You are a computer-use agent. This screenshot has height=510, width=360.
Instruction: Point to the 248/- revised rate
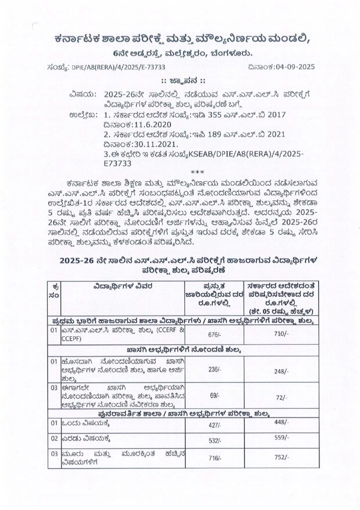[281, 372]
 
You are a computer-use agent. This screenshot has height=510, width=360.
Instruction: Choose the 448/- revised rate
[281, 422]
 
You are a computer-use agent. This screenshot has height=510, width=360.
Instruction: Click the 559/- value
[281, 437]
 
